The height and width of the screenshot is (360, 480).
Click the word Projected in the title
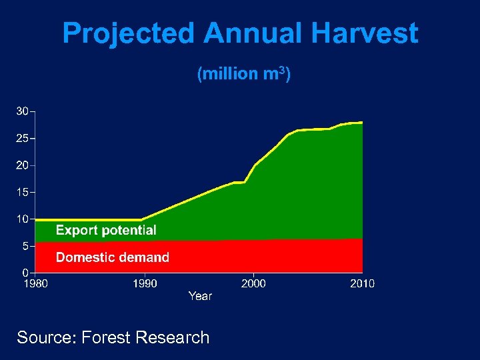tap(129, 33)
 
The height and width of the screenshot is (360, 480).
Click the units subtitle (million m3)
tap(243, 74)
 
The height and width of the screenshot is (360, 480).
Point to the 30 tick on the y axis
tap(23, 111)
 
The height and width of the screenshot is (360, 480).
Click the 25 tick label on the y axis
tap(23, 139)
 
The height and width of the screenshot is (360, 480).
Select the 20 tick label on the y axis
tap(23, 165)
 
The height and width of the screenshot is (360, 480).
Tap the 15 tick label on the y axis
tap(23, 192)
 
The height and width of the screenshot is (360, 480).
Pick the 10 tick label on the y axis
tap(23, 219)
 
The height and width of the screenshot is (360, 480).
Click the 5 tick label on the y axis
tap(25, 245)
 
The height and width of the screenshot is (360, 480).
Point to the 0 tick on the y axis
tap(25, 272)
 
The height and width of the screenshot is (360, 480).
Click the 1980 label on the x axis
tap(36, 283)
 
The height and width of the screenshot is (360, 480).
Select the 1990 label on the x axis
tap(145, 283)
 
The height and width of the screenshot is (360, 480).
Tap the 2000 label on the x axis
tap(253, 283)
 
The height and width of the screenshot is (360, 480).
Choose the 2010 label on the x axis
tap(362, 283)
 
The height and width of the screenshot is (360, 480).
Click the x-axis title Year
tap(200, 296)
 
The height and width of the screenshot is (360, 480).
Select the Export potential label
tap(106, 231)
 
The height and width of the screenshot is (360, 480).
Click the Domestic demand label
tap(113, 257)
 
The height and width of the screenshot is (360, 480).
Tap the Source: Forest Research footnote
tap(113, 337)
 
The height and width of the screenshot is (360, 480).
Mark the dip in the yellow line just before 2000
tap(245, 182)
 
